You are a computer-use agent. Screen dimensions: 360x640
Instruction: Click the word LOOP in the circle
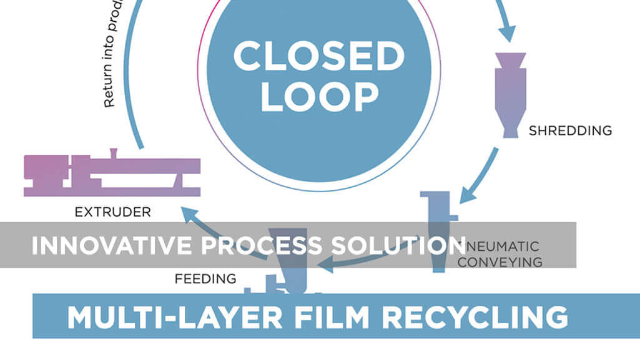[319, 97]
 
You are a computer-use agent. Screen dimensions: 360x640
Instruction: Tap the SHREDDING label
[570, 131]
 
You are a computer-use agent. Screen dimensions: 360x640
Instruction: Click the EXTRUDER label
[113, 212]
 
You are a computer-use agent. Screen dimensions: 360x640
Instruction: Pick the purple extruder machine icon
[112, 175]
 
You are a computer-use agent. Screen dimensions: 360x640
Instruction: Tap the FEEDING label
[205, 278]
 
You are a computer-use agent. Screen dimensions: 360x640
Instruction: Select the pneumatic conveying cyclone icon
[440, 231]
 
